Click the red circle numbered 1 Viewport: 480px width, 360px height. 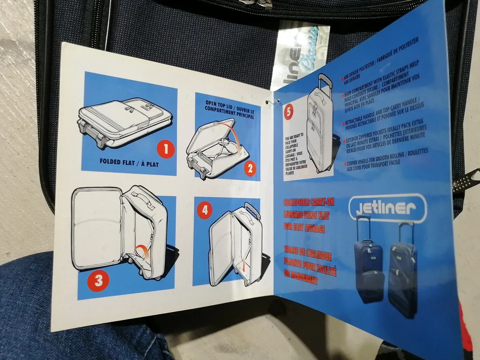pyautogui.click(x=166, y=149)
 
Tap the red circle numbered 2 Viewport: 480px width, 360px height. pyautogui.click(x=250, y=168)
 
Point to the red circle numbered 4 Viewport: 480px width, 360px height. pyautogui.click(x=205, y=210)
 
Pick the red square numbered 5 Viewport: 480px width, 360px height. pyautogui.click(x=289, y=113)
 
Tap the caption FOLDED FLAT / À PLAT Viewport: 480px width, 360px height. pyautogui.click(x=129, y=162)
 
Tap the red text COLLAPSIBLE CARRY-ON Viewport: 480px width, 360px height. pyautogui.click(x=309, y=202)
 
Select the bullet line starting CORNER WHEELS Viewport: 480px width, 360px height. pyautogui.click(x=387, y=159)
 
